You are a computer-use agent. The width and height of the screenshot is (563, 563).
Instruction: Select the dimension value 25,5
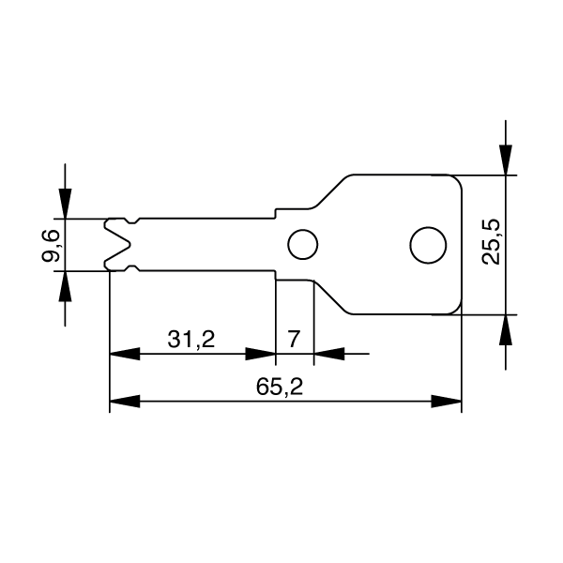click(x=491, y=242)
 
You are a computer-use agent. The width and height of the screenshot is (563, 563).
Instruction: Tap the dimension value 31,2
click(x=191, y=339)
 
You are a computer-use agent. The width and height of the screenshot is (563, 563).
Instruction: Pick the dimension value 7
click(x=294, y=339)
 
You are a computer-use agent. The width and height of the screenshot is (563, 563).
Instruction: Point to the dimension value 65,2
click(x=280, y=387)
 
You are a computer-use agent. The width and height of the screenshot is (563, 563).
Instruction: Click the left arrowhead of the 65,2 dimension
click(x=125, y=401)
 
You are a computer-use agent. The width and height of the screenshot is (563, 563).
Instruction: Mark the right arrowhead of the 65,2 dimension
click(x=446, y=401)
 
